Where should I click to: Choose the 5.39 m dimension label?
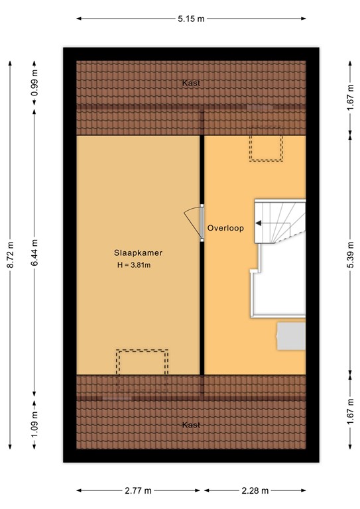(x=349, y=254)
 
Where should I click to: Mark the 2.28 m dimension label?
(x=255, y=490)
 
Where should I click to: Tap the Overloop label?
(x=225, y=227)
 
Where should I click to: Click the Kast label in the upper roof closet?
(x=192, y=84)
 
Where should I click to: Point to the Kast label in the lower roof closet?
(x=192, y=425)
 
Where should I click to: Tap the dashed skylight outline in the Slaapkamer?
(x=142, y=363)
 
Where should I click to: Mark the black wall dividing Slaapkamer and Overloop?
(x=202, y=305)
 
